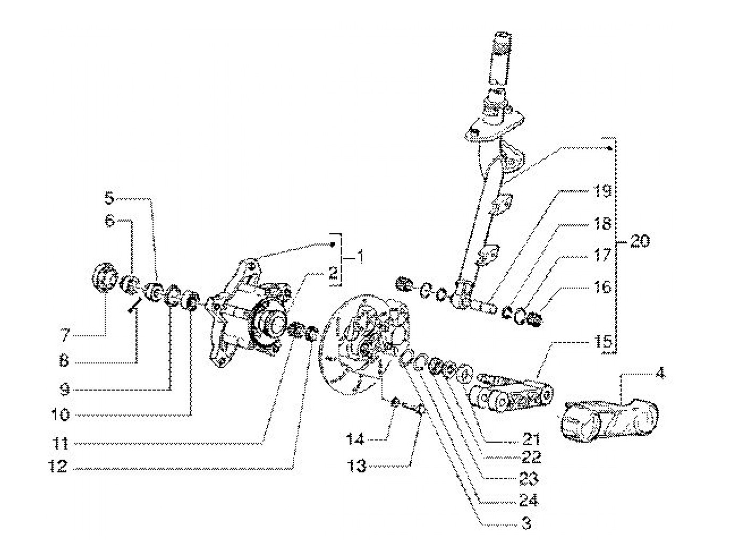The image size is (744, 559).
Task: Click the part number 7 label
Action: click(65, 335)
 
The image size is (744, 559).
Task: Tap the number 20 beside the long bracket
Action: click(640, 241)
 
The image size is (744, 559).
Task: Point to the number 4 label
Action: click(660, 374)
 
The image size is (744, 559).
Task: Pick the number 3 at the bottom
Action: click(526, 524)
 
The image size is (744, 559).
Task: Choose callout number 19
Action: click(602, 191)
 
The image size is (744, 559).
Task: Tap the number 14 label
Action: click(355, 439)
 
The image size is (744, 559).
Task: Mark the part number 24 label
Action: click(528, 501)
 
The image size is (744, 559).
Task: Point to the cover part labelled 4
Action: click(609, 421)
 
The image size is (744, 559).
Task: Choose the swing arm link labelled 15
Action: click(512, 393)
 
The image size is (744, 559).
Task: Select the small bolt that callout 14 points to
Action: click(394, 402)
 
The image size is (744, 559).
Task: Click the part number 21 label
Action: click(531, 439)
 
